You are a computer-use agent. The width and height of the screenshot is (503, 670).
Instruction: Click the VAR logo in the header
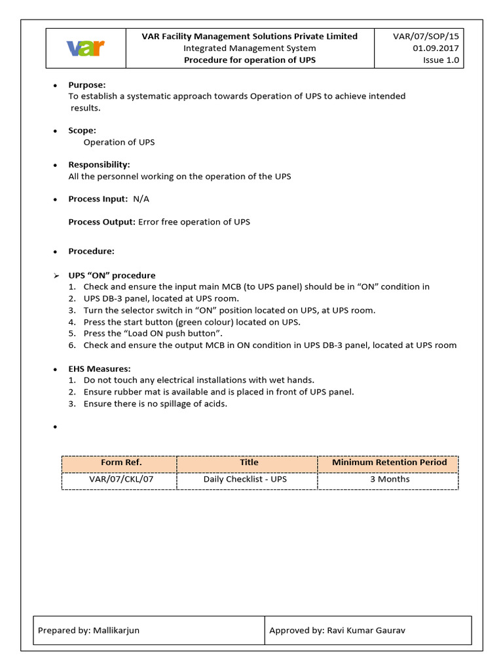click(x=86, y=48)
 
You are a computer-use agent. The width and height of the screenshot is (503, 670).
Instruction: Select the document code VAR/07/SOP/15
click(x=426, y=37)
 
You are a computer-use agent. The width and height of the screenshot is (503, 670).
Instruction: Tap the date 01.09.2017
click(x=436, y=48)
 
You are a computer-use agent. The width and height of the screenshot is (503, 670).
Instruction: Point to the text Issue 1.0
click(x=441, y=60)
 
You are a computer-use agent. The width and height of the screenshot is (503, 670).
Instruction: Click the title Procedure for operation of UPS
click(x=250, y=60)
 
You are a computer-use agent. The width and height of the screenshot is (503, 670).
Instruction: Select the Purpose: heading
click(x=87, y=85)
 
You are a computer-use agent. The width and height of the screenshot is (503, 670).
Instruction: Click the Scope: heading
click(x=82, y=130)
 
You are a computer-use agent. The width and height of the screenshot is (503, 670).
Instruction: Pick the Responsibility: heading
click(x=99, y=164)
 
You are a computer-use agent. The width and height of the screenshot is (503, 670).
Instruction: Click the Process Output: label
click(x=102, y=222)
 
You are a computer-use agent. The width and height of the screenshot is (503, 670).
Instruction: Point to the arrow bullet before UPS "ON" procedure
click(x=56, y=275)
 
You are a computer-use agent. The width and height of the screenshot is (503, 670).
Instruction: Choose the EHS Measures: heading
click(x=100, y=369)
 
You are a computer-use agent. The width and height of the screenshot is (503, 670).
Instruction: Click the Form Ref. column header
click(x=121, y=463)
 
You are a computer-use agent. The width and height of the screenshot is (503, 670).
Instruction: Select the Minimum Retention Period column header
click(x=389, y=463)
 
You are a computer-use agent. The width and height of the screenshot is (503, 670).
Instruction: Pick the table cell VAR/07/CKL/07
click(x=121, y=480)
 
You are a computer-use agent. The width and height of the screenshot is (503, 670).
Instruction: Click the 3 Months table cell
click(x=389, y=480)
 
